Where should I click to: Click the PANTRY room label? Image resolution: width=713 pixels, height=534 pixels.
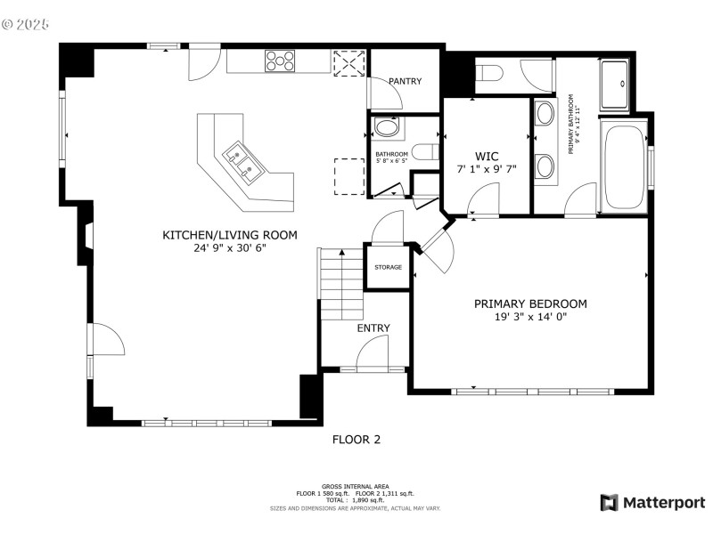click(406, 82)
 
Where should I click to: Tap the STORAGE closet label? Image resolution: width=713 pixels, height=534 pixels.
click(388, 267)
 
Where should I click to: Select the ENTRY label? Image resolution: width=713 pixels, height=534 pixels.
click(373, 328)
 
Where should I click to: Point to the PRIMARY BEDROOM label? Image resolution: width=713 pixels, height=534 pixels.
click(530, 303)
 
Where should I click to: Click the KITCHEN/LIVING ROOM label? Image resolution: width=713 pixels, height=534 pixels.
click(229, 235)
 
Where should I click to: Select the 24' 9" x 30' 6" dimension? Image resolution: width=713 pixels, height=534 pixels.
click(229, 248)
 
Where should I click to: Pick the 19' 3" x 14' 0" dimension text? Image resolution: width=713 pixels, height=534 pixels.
click(530, 317)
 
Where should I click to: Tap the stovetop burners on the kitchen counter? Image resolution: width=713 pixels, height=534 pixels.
click(280, 61)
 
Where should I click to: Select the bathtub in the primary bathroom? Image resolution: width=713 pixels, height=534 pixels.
click(624, 167)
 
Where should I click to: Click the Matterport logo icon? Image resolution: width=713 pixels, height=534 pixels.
click(610, 503)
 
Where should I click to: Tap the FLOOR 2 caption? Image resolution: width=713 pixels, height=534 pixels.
click(356, 439)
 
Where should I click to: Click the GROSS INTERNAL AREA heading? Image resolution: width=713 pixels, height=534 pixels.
click(356, 486)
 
